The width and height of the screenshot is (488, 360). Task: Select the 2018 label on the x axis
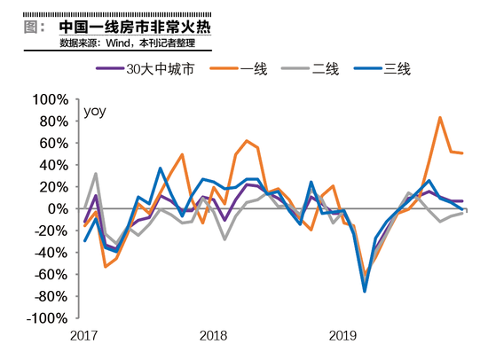click(213, 336)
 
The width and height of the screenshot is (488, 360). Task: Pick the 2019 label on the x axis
click(342, 336)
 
